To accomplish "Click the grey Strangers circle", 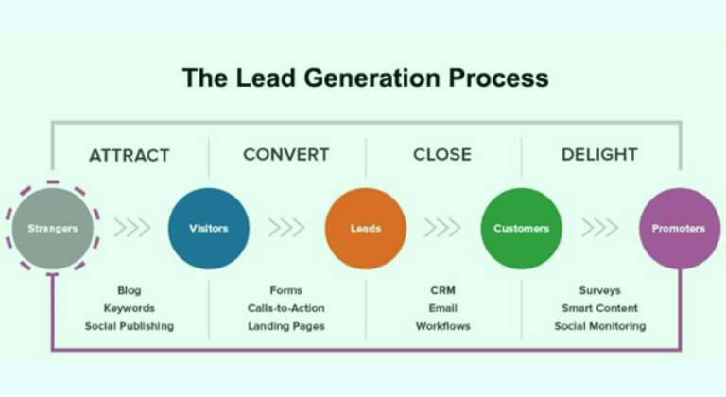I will pyautogui.click(x=52, y=228).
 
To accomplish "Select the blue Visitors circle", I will pyautogui.click(x=209, y=228).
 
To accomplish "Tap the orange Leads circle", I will pyautogui.click(x=366, y=228).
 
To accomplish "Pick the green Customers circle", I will pyautogui.click(x=521, y=228).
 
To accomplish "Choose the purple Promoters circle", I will pyautogui.click(x=679, y=228).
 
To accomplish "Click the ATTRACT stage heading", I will pyautogui.click(x=129, y=155).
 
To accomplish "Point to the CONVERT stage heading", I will pyautogui.click(x=285, y=154).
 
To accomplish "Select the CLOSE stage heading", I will pyautogui.click(x=442, y=155).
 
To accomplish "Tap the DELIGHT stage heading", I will pyautogui.click(x=599, y=154).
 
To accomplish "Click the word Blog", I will pyautogui.click(x=129, y=290).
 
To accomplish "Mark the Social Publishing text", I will pyautogui.click(x=129, y=326).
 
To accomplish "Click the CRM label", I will pyautogui.click(x=442, y=290).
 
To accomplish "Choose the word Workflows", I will pyautogui.click(x=442, y=326).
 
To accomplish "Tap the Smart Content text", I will pyautogui.click(x=599, y=308).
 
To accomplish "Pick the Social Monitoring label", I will pyautogui.click(x=599, y=326).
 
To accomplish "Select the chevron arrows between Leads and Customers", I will pyautogui.click(x=442, y=228).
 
